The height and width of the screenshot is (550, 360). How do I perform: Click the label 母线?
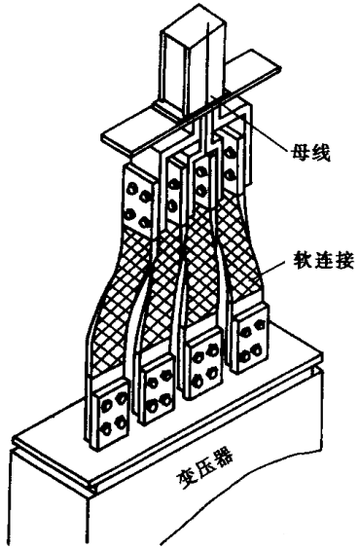(309, 153)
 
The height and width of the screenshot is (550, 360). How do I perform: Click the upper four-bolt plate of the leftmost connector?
(138, 203)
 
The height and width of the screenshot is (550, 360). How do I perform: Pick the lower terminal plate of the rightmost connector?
(251, 338)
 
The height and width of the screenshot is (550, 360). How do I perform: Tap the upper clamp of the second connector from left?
(173, 193)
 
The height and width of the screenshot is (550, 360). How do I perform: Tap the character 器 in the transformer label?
(224, 458)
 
